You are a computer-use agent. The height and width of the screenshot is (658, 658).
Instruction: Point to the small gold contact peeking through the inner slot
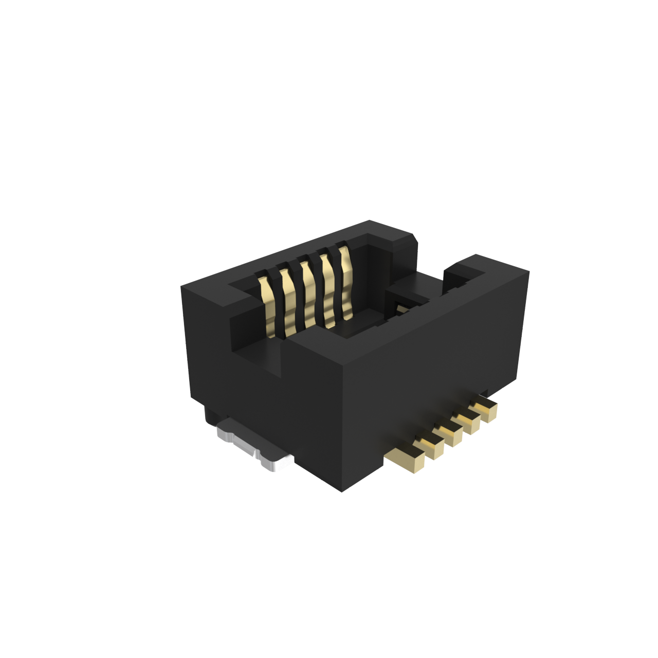(401, 308)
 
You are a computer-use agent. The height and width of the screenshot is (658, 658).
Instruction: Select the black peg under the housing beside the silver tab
(211, 414)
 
